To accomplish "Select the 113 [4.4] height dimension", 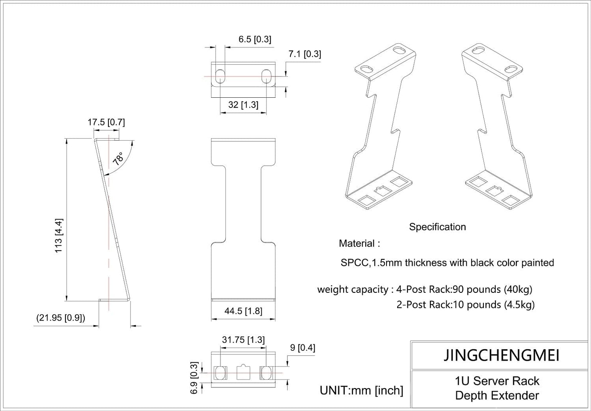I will click(x=59, y=236).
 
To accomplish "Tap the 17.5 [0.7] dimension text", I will click(x=106, y=122).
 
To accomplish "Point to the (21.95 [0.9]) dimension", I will click(x=61, y=318).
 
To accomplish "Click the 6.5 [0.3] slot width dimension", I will click(x=254, y=39).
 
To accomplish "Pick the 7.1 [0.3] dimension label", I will click(x=304, y=54).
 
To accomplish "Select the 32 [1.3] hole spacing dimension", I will click(x=243, y=105).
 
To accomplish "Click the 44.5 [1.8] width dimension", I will click(x=243, y=311).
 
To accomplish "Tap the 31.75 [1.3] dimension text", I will click(x=243, y=340).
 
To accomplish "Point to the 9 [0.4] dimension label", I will click(x=302, y=348).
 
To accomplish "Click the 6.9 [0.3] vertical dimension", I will click(x=195, y=377).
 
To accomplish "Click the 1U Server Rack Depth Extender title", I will click(x=497, y=389).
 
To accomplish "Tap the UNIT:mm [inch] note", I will click(x=361, y=391).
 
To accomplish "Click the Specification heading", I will click(x=437, y=227).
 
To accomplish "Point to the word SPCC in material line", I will click(x=354, y=263).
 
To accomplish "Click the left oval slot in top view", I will click(x=220, y=76).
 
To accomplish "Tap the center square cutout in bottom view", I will click(x=243, y=373).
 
